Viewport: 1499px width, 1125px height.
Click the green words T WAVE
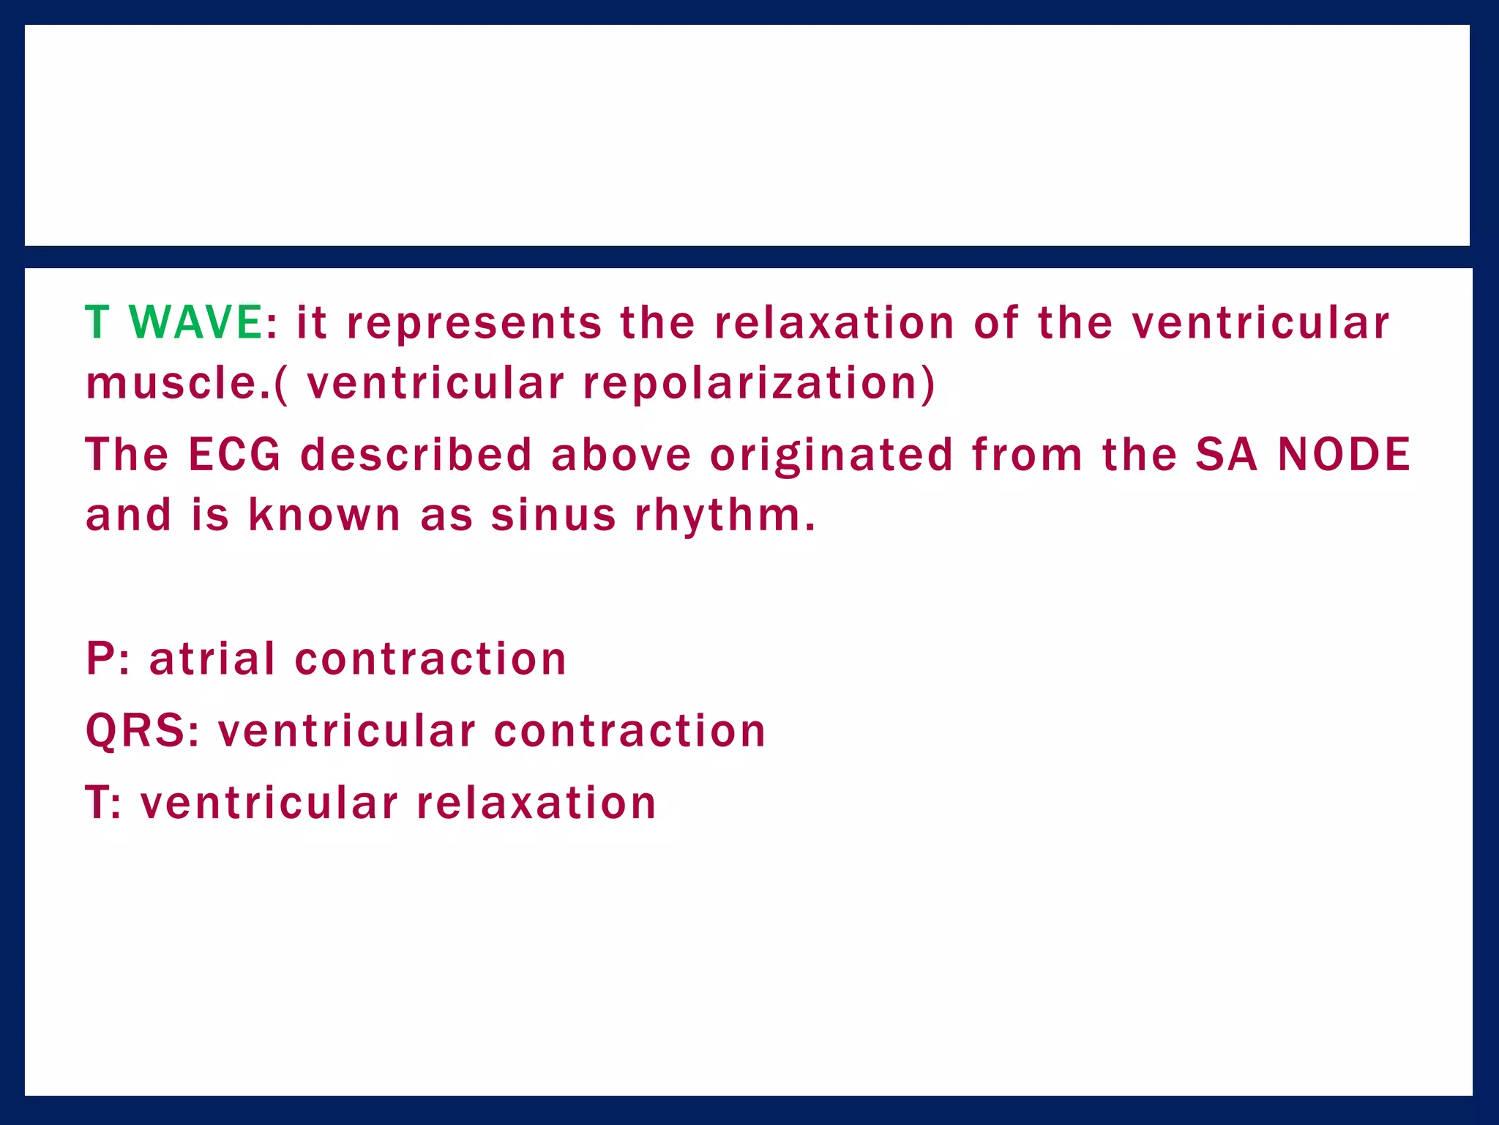(x=173, y=322)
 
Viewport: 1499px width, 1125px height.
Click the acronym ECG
(x=234, y=454)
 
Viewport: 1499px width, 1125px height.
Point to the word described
(x=416, y=454)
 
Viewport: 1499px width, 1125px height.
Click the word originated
(x=831, y=456)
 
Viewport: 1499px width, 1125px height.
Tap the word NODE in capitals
(x=1344, y=454)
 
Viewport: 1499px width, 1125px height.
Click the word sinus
(x=553, y=514)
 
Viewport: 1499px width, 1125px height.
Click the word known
(x=324, y=514)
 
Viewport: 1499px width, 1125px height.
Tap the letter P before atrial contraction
(x=100, y=658)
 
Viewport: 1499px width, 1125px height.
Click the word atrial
(x=212, y=658)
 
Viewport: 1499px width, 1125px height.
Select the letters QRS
(x=135, y=731)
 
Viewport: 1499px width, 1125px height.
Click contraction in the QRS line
(x=629, y=731)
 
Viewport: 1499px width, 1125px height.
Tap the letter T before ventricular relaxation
(x=97, y=802)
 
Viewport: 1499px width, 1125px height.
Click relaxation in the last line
(x=536, y=802)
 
